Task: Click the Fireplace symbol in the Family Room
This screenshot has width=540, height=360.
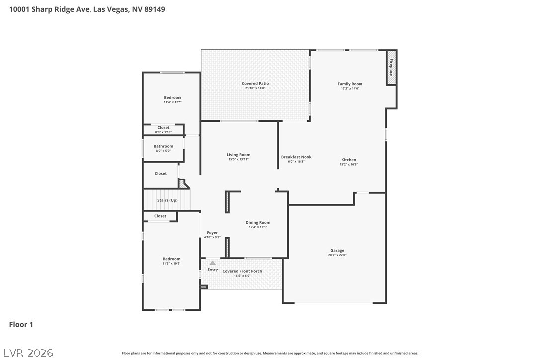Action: (392, 67)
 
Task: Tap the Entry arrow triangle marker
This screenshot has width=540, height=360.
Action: (213, 263)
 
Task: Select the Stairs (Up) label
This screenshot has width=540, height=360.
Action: (167, 200)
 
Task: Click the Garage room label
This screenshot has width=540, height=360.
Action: (337, 250)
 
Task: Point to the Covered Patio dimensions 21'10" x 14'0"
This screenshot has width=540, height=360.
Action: (255, 88)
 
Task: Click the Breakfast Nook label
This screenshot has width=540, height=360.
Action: (296, 157)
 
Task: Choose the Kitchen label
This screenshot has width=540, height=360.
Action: (349, 160)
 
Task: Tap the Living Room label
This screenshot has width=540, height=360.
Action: (238, 155)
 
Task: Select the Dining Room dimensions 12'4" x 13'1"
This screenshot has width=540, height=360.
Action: (258, 227)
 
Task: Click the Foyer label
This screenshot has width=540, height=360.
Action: (212, 233)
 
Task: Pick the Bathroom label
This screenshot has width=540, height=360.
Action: (163, 146)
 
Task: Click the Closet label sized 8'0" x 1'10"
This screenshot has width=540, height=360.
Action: (163, 128)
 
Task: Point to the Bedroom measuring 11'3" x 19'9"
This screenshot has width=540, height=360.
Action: (171, 259)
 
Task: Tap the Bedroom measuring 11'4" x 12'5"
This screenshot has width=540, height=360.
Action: (173, 97)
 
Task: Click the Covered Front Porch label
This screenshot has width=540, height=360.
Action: (242, 271)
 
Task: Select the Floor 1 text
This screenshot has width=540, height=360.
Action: (21, 325)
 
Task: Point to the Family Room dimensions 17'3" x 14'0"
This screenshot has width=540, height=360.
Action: (350, 88)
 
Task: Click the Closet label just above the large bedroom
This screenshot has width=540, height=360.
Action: (160, 216)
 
